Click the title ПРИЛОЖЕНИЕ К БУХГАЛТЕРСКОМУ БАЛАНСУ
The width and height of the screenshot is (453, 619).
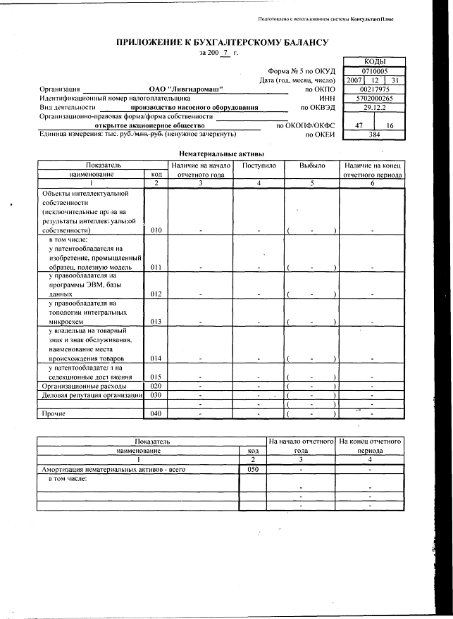pyautogui.click(x=223, y=43)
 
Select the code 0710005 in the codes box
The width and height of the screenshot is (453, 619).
pyautogui.click(x=374, y=71)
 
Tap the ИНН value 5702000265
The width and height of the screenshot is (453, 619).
pyautogui.click(x=374, y=99)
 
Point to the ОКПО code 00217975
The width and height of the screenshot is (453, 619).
pyautogui.click(x=374, y=89)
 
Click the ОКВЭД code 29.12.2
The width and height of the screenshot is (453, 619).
pyautogui.click(x=374, y=108)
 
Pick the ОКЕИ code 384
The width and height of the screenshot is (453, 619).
pyautogui.click(x=374, y=134)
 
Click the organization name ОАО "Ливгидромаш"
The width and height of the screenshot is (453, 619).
pyautogui.click(x=186, y=89)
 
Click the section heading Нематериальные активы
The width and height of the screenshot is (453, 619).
pyautogui.click(x=222, y=153)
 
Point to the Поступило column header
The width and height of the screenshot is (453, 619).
pyautogui.click(x=259, y=165)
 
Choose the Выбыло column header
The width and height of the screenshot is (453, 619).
pyautogui.click(x=312, y=165)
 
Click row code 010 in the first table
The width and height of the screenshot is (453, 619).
pyautogui.click(x=156, y=230)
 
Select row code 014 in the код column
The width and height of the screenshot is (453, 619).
pyautogui.click(x=156, y=358)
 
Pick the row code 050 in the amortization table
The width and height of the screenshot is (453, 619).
pyautogui.click(x=253, y=468)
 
